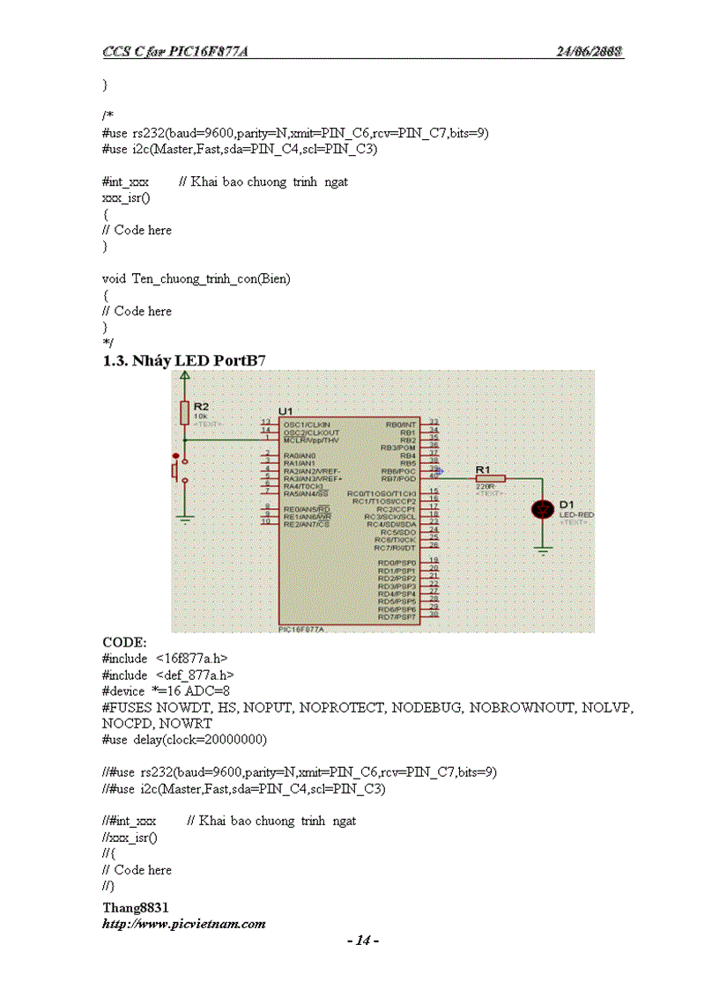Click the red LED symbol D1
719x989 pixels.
pos(544,509)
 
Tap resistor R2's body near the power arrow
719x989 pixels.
pos(184,411)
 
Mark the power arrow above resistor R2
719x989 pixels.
pos(184,377)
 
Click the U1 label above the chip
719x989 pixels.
pos(285,411)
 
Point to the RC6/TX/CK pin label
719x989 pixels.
pos(396,539)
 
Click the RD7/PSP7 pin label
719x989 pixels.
pos(397,617)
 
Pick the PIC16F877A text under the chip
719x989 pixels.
pos(301,630)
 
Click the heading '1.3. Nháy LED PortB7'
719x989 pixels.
pos(184,360)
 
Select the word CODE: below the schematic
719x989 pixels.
pos(124,642)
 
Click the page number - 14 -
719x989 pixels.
pos(363,941)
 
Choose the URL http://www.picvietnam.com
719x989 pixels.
pos(183,924)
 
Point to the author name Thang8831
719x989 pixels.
pos(136,907)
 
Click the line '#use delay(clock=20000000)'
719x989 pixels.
pos(184,739)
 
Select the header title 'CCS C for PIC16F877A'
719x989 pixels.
pos(174,51)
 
